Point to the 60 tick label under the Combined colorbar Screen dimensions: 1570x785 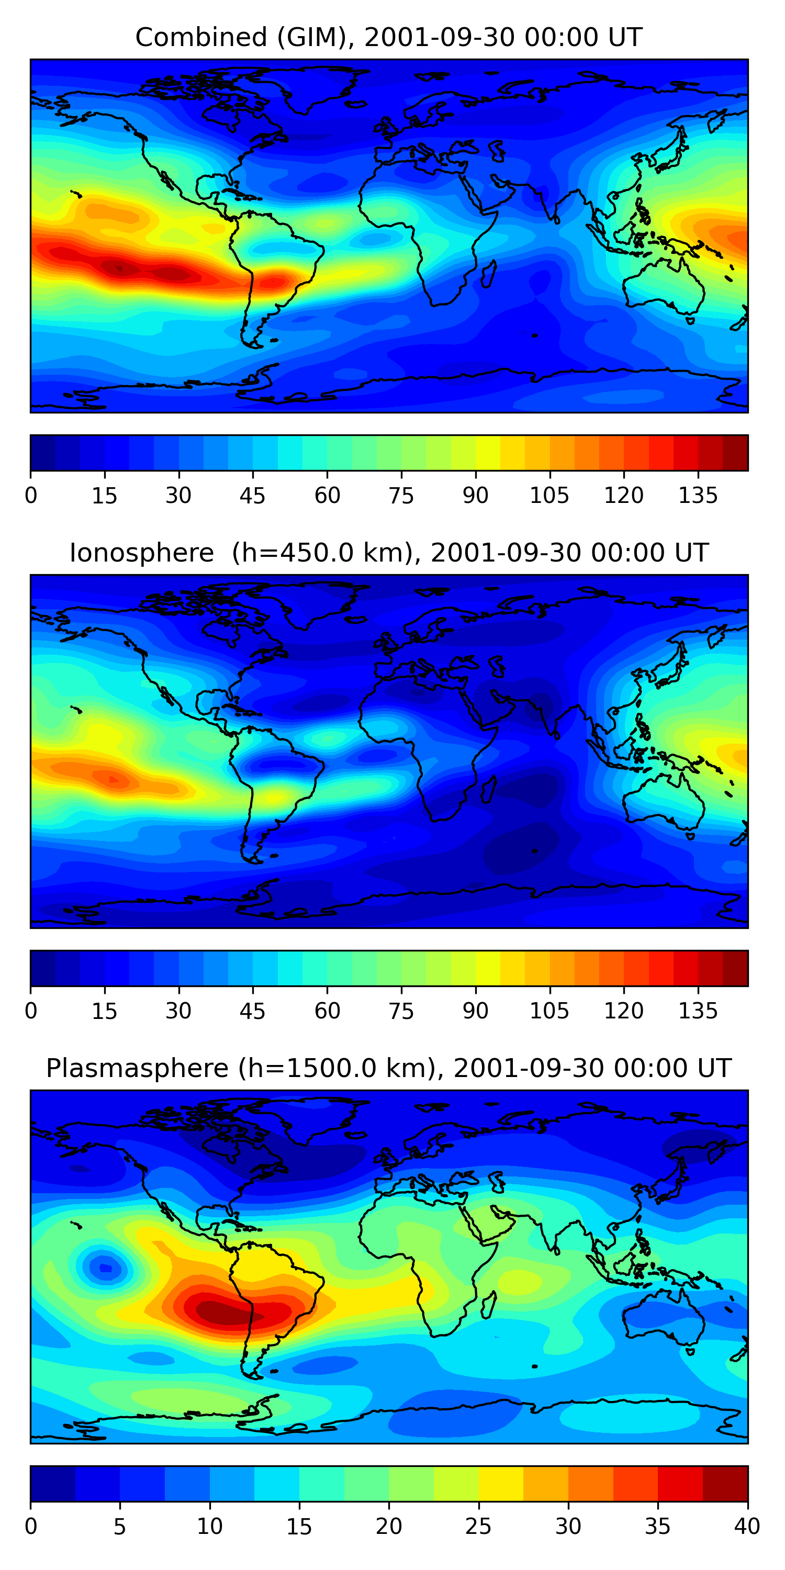click(327, 496)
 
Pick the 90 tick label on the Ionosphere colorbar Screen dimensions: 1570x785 click(475, 1011)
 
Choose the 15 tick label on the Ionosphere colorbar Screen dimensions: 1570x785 click(104, 1011)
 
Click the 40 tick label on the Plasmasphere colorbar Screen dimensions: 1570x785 click(747, 1526)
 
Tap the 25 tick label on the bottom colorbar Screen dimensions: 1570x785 click(478, 1526)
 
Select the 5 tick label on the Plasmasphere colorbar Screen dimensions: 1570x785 click(119, 1526)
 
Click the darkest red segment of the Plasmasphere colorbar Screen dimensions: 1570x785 click(725, 1484)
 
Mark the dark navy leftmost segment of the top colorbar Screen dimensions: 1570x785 click(43, 453)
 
